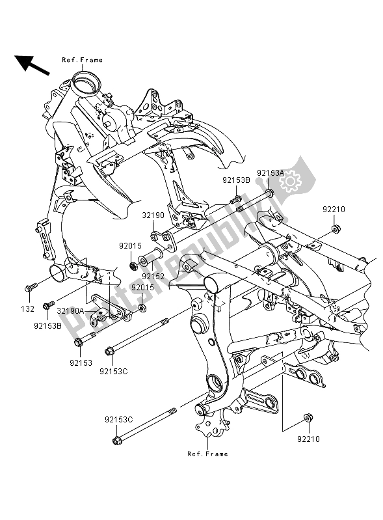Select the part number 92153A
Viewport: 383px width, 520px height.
click(x=270, y=173)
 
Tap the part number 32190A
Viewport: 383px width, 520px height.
click(x=71, y=311)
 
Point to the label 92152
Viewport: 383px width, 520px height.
click(x=153, y=275)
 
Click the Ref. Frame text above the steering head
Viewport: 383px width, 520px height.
click(x=82, y=60)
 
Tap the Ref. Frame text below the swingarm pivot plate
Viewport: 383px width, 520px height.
click(x=207, y=454)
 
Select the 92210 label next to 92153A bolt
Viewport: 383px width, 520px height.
click(x=335, y=210)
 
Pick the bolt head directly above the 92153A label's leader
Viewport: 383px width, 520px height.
click(x=269, y=193)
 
